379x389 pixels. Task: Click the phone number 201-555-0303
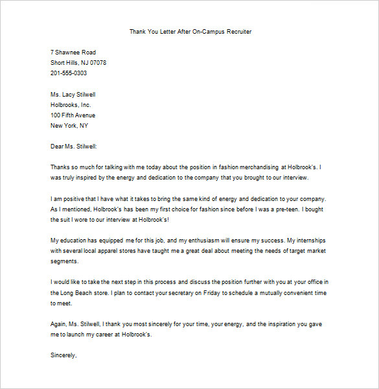[69, 73]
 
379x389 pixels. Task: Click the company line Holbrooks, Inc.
[71, 104]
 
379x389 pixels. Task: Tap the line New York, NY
[69, 125]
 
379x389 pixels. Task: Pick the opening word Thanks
[60, 167]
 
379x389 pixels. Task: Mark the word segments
[64, 261]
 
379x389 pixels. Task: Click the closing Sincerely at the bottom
[63, 355]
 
